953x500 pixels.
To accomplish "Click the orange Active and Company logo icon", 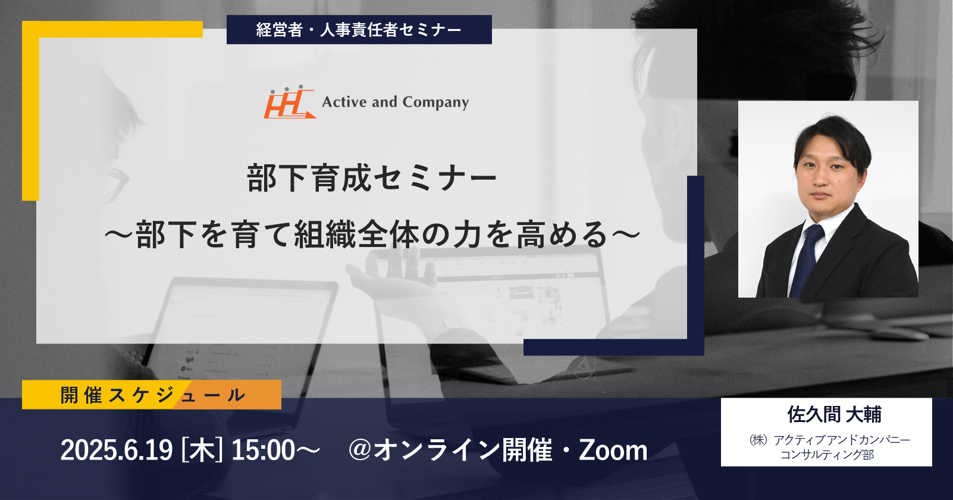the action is click(290, 102).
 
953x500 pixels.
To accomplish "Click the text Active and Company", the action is click(395, 102).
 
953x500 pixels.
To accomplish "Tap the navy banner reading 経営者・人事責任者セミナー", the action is click(359, 29).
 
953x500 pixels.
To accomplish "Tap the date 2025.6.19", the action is click(117, 450).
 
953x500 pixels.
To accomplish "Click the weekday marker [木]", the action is click(202, 450).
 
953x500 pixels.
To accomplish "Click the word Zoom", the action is click(613, 450).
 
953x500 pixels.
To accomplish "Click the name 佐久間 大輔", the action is click(834, 414).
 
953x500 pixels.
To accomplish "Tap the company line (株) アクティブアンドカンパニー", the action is click(829, 439).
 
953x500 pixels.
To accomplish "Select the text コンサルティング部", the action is click(827, 455).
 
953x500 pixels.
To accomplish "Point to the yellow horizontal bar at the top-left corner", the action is click(112, 29).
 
